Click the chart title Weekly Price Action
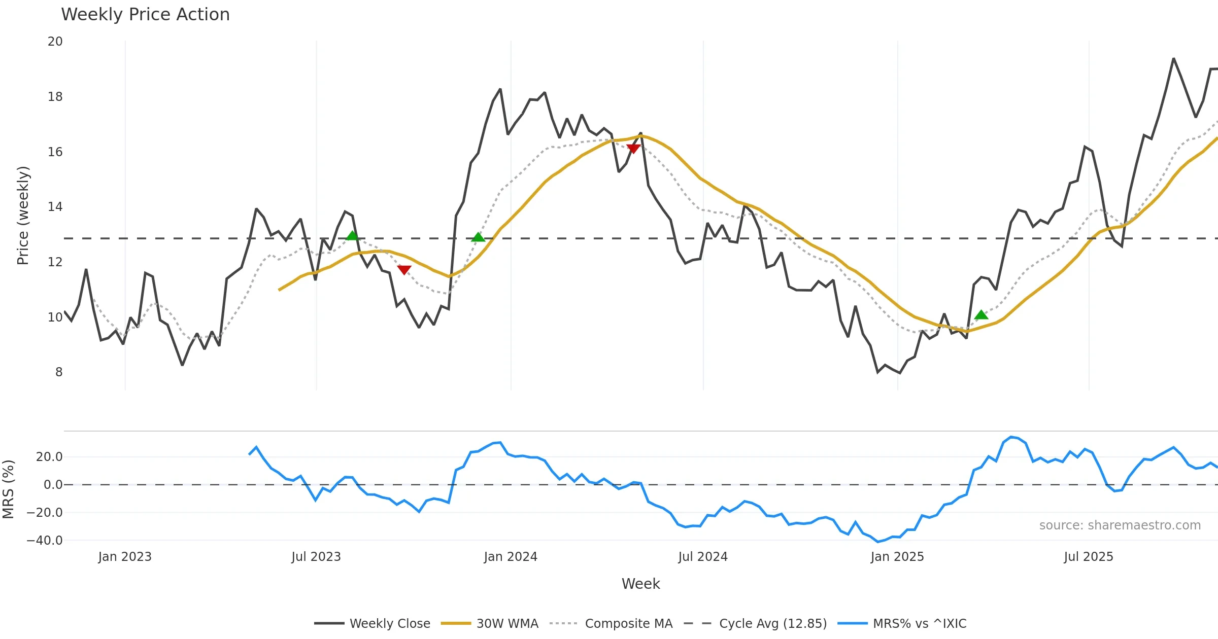145,15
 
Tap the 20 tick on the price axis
55,42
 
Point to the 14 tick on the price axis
55,207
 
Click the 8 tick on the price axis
59,372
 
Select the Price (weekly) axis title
23,216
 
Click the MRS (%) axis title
8,489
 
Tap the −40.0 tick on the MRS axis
45,541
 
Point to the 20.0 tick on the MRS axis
49,457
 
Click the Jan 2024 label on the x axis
511,557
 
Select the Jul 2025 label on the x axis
1089,557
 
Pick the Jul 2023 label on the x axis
316,557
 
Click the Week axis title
640,584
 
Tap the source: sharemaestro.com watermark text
1120,525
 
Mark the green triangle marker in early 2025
982,315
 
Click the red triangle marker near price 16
633,148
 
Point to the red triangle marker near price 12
404,269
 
